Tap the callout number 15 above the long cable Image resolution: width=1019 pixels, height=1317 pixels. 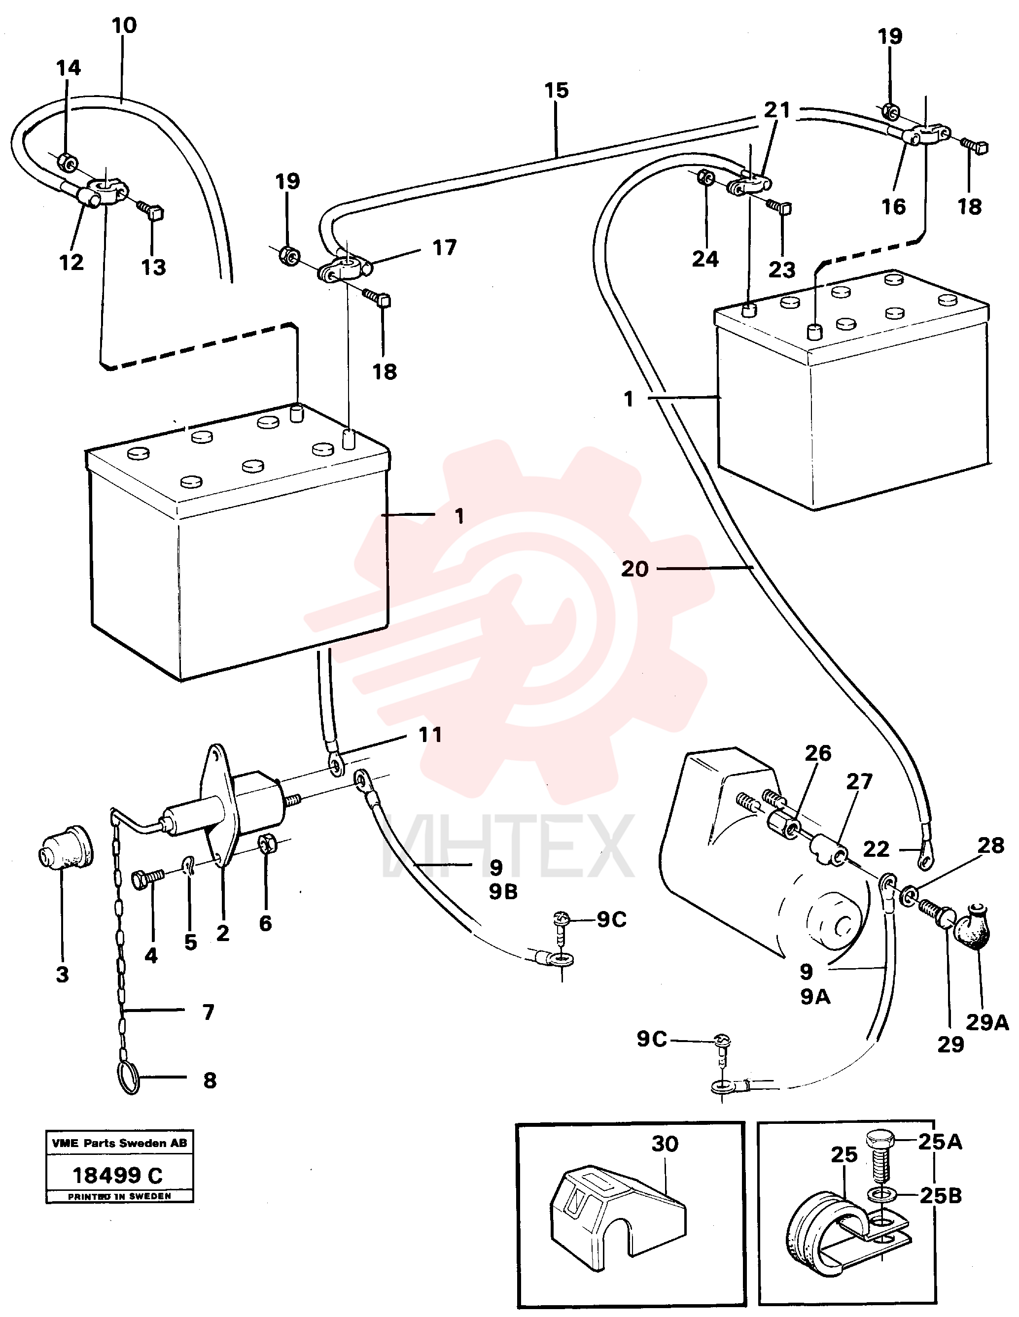click(556, 91)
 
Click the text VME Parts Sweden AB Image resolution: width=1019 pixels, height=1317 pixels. click(119, 1143)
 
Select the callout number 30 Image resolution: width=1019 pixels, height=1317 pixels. click(665, 1144)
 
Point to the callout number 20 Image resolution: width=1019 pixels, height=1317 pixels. click(634, 569)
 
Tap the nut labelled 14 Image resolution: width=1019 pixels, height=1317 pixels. click(67, 162)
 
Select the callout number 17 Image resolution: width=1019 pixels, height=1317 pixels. click(445, 247)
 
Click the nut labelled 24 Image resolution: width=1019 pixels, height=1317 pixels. click(706, 178)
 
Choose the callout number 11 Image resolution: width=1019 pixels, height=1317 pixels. click(430, 735)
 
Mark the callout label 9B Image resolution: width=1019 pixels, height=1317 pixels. click(503, 892)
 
